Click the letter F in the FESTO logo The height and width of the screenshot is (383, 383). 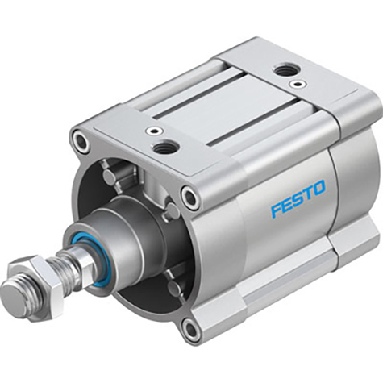pos(275,212)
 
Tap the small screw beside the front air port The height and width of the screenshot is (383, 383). pos(152,131)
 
